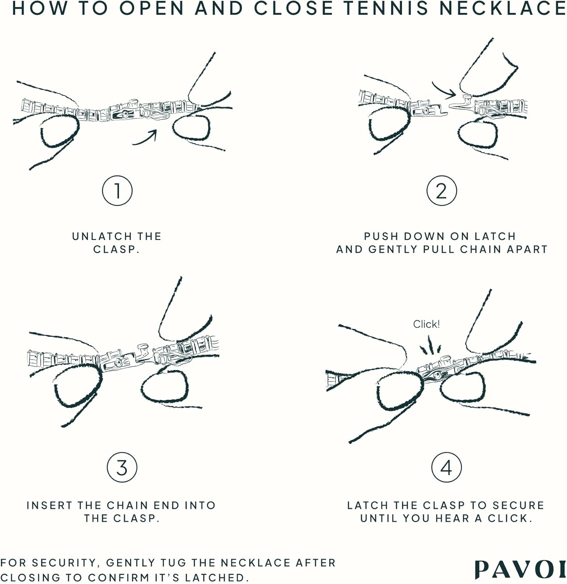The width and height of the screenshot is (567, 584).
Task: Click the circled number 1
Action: [x=117, y=191]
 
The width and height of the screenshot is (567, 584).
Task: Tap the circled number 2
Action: [x=441, y=191]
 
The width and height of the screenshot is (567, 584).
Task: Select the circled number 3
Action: [x=122, y=467]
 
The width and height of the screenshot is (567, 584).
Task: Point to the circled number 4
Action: [x=446, y=467]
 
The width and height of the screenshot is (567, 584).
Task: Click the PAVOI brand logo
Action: [x=520, y=570]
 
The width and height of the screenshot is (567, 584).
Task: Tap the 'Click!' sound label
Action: [x=426, y=324]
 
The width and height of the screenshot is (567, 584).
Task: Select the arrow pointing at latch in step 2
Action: [x=444, y=90]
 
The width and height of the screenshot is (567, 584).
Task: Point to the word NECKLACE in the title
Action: [x=502, y=9]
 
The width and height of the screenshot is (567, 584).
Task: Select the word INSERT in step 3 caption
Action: [x=50, y=505]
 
